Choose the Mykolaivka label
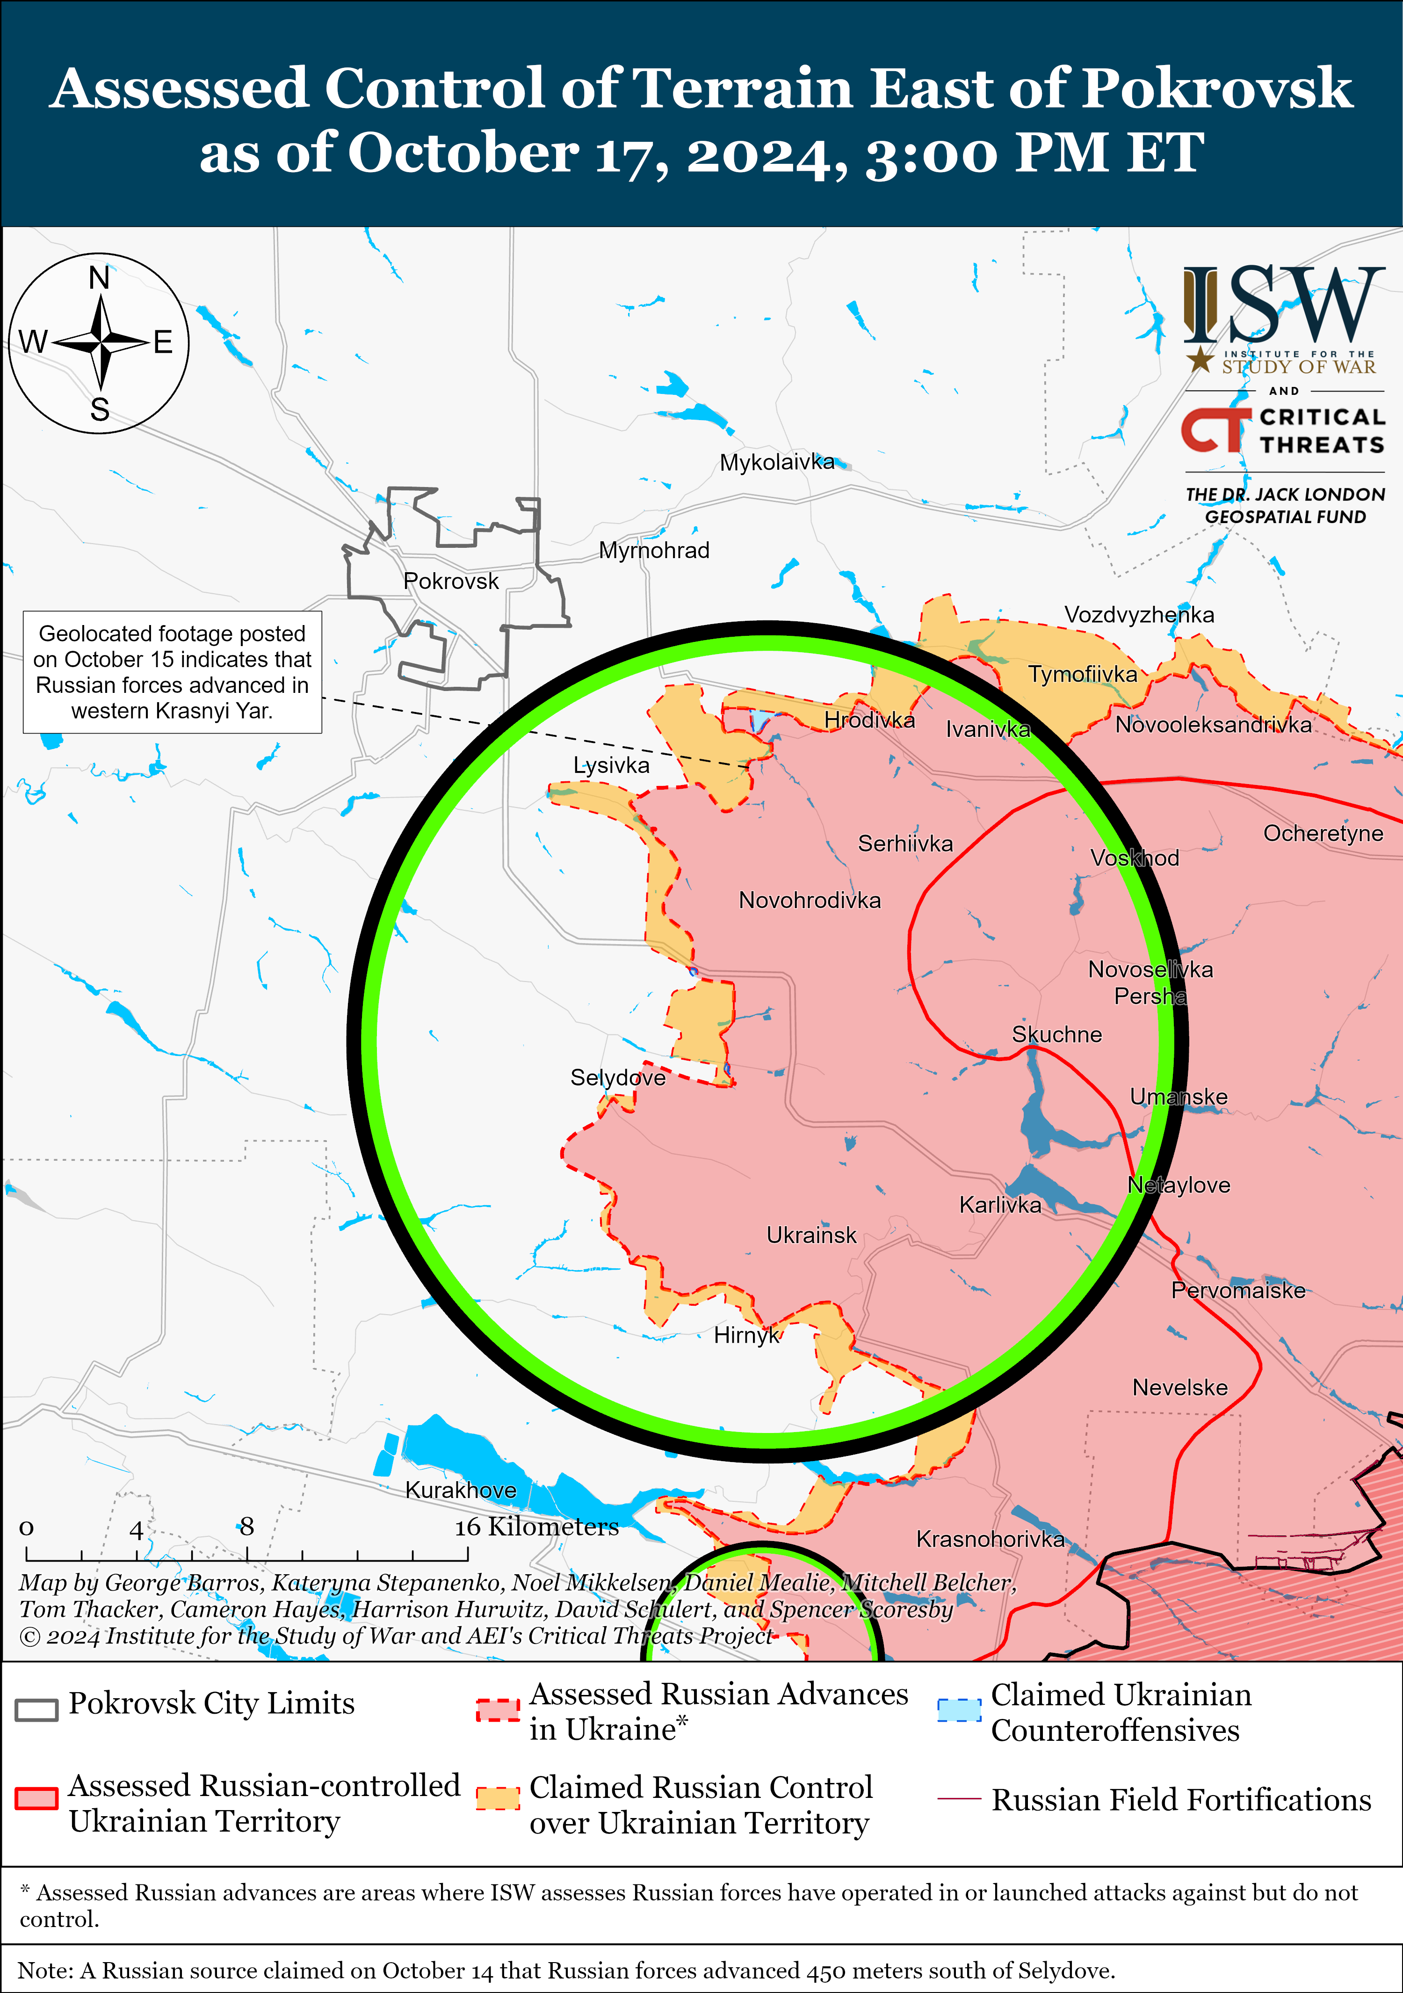click(776, 462)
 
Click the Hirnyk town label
click(746, 1335)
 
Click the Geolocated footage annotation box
click(172, 672)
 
